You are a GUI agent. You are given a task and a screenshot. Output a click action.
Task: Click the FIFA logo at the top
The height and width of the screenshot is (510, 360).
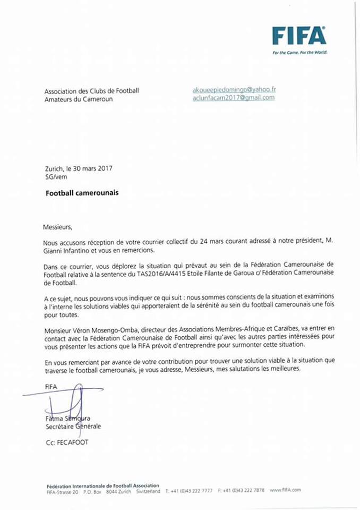299,36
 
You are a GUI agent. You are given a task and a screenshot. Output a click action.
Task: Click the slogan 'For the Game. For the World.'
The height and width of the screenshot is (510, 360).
299,52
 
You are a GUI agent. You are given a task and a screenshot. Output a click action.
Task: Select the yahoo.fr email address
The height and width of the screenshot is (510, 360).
234,90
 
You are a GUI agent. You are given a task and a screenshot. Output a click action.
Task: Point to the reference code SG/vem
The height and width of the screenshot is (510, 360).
55,176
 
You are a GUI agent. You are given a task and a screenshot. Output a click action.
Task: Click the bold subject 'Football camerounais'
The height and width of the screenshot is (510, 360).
81,193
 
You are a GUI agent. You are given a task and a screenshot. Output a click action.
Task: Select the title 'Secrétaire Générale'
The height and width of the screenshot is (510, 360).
73,426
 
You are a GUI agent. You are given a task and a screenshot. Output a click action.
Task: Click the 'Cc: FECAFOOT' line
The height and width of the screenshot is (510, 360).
66,443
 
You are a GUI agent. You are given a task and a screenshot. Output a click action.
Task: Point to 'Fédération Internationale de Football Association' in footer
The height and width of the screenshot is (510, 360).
102,486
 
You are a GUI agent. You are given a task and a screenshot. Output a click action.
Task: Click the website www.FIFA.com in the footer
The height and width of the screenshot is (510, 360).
285,491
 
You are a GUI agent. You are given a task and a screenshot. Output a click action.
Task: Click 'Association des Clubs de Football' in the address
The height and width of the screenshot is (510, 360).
92,91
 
